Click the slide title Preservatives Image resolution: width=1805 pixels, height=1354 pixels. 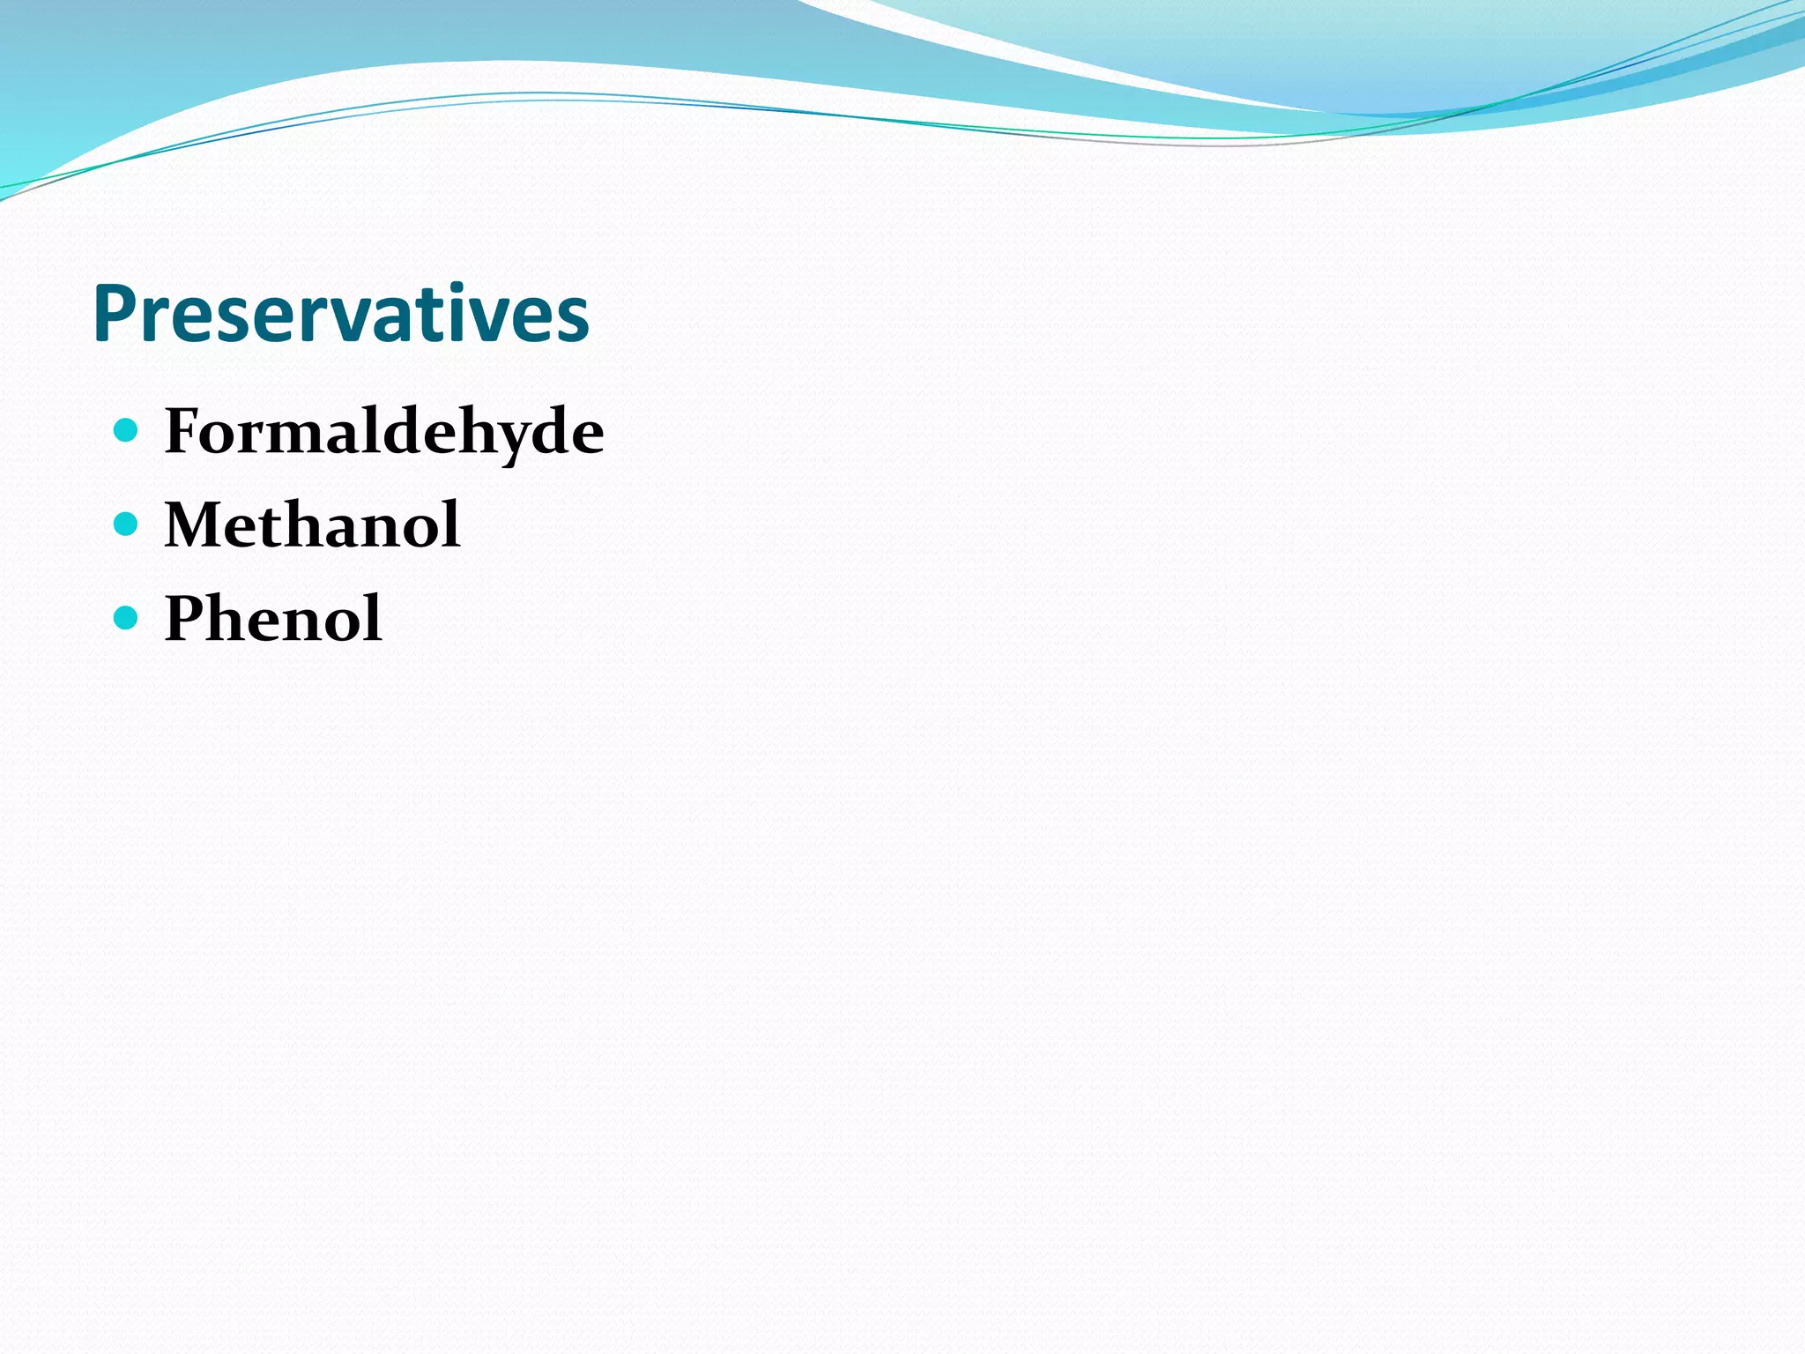click(x=340, y=315)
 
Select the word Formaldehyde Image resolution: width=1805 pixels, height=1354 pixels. click(x=384, y=432)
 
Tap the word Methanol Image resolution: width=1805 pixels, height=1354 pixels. click(x=312, y=524)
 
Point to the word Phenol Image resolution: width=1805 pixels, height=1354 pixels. click(x=273, y=618)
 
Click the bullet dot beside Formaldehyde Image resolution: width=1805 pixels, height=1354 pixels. click(x=127, y=430)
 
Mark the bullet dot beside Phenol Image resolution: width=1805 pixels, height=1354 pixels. click(x=127, y=618)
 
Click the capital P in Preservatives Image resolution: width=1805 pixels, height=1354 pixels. click(x=113, y=314)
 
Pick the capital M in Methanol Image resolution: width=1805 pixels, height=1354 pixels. click(x=195, y=524)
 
